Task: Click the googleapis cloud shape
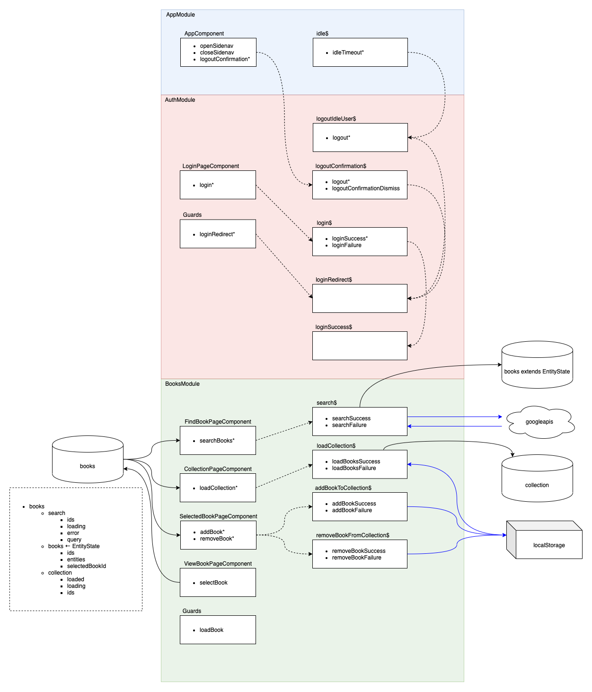539,422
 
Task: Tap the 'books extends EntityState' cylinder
537,372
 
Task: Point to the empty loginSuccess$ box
360,346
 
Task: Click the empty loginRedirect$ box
360,298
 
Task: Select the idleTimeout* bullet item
348,53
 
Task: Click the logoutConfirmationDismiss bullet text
365,188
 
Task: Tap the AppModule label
180,15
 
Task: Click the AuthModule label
180,100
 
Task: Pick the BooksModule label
182,384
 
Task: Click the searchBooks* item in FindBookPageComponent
217,441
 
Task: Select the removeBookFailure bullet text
356,558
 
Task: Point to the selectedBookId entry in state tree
86,566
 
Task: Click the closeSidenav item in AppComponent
217,53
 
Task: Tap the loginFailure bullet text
346,245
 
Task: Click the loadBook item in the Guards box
211,630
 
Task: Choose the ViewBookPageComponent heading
218,564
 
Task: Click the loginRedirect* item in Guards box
217,234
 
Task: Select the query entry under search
74,540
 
